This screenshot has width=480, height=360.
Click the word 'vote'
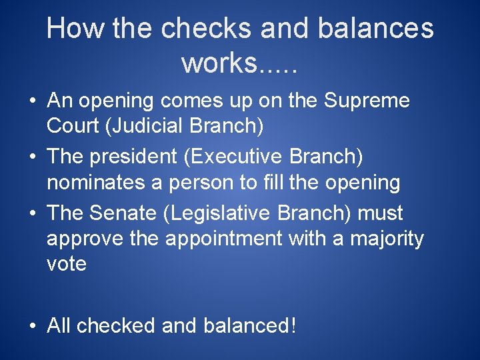coord(67,263)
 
